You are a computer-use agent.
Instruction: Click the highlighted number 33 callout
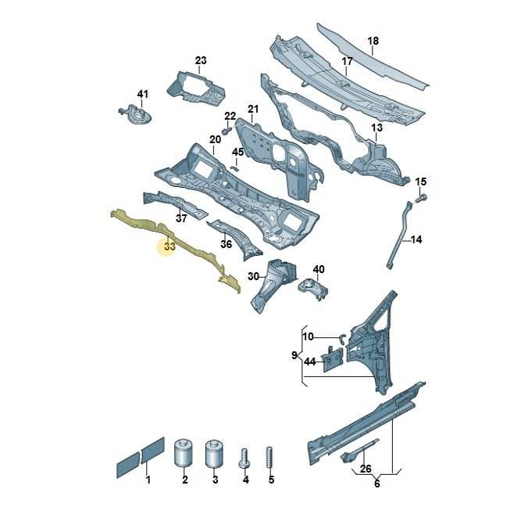(170, 246)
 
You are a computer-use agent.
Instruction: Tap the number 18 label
(373, 41)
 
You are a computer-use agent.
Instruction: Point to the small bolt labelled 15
(421, 197)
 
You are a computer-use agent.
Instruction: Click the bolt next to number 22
(226, 130)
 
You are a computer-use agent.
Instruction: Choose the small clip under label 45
(235, 168)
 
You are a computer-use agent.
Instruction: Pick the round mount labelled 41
(136, 114)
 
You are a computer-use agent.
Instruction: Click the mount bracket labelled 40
(312, 288)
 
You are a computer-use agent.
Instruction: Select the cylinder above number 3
(214, 454)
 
